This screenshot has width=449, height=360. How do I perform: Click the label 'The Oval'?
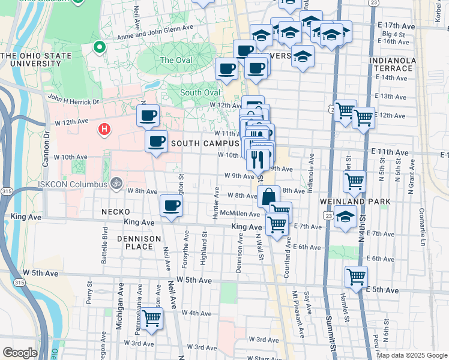(x=176, y=60)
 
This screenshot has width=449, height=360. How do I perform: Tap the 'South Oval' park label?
(x=199, y=92)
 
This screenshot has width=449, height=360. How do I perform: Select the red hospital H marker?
(x=104, y=128)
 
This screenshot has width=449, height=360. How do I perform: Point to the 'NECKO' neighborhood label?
(x=115, y=212)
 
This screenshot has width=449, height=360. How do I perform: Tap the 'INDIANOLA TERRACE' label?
(x=391, y=64)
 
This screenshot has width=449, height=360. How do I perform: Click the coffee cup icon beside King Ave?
(x=171, y=206)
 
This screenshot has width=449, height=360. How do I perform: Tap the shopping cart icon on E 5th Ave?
(x=356, y=277)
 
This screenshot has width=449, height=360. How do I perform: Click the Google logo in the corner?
(x=20, y=353)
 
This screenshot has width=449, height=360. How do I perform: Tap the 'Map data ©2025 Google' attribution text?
(x=411, y=355)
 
